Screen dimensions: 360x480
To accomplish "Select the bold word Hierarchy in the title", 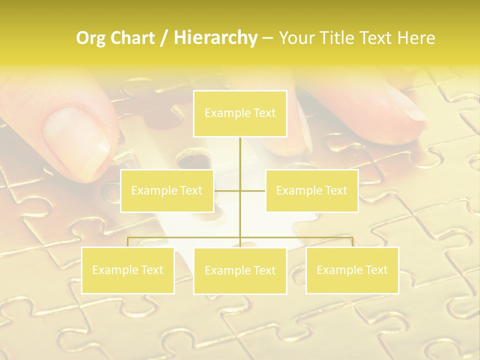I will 215,38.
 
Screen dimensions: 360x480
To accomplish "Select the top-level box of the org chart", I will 240,113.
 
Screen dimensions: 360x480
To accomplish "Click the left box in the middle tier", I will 167,190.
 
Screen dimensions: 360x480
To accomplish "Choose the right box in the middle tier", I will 311,190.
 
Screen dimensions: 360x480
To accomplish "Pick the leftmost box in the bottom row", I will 128,270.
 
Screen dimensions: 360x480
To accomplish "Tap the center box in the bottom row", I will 240,270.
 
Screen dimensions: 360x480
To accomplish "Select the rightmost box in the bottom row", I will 352,270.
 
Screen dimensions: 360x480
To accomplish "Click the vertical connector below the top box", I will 240,160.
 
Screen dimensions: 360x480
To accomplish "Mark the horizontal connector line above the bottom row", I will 185,237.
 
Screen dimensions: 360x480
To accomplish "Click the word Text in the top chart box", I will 264,113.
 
